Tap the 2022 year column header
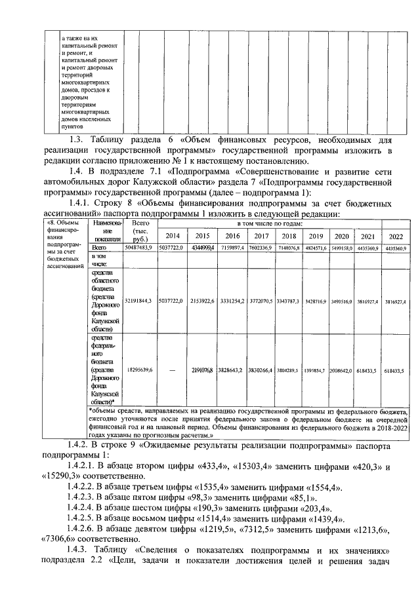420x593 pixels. tap(396, 236)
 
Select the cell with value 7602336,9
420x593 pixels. tap(261, 248)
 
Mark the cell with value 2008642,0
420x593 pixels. tap(341, 370)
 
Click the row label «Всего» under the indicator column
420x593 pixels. tap(100, 248)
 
